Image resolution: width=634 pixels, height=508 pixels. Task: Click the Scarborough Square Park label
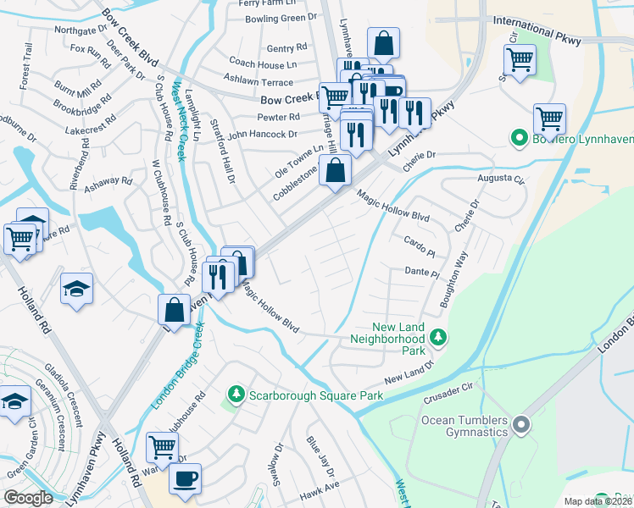pos(314,395)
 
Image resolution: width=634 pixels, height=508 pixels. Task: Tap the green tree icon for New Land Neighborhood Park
pos(438,339)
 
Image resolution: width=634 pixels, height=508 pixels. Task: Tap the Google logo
pos(29,498)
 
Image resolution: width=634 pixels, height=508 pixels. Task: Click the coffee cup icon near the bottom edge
pos(185,478)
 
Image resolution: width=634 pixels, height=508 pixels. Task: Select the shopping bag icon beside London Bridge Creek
pos(174,310)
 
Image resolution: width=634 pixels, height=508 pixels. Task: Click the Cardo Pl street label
pos(420,241)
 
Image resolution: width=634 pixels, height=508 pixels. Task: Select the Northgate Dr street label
pos(80,30)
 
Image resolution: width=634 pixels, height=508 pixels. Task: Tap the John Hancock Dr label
pos(262,134)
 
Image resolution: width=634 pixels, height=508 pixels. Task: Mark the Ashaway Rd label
pos(108,180)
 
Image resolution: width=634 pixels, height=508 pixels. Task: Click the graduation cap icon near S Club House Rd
pos(76,289)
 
